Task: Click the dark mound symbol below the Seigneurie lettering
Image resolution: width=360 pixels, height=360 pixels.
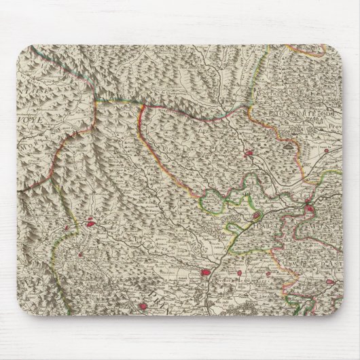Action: pyautogui.click(x=291, y=143)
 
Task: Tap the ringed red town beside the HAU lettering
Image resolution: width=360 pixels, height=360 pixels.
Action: pyautogui.click(x=256, y=217)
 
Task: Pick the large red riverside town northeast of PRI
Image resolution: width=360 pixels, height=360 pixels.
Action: pyautogui.click(x=206, y=274)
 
